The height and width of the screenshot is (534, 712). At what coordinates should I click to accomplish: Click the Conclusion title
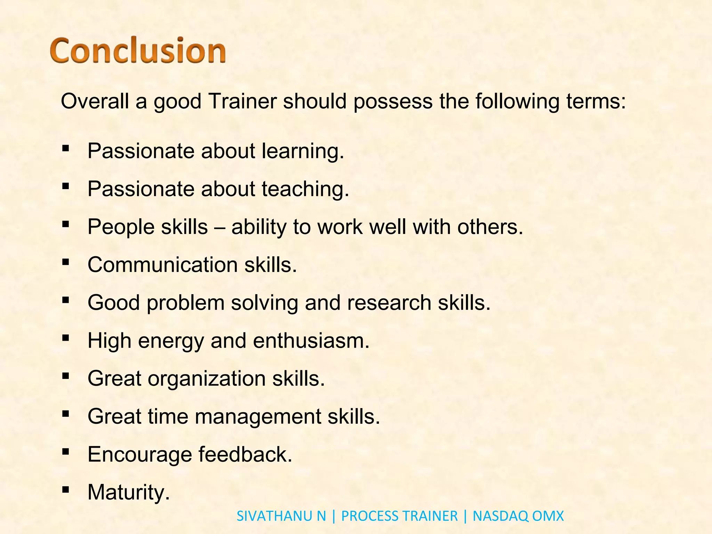tap(138, 51)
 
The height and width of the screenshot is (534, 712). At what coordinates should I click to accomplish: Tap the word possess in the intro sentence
tap(393, 102)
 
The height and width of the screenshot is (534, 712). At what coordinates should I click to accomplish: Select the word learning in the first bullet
tap(302, 152)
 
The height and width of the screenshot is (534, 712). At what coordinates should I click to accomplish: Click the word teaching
tap(305, 189)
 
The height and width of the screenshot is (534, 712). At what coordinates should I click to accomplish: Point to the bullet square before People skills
tap(65, 225)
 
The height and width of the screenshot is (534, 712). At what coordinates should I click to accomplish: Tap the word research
tap(389, 302)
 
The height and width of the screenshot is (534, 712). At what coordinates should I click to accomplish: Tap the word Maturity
tap(128, 492)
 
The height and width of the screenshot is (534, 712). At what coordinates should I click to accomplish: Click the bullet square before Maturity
tap(65, 490)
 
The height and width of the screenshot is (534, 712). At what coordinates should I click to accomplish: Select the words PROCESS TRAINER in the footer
tap(399, 516)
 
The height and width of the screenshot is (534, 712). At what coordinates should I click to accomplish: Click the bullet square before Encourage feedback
tap(65, 452)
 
